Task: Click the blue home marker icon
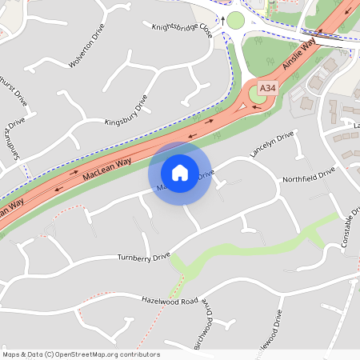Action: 180,173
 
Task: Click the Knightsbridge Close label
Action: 182,30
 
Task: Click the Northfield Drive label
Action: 308,177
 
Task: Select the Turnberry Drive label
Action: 144,257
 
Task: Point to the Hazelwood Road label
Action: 169,300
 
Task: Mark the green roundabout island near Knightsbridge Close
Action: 235,20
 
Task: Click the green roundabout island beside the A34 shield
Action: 256,95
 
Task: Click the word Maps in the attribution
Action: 11,354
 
